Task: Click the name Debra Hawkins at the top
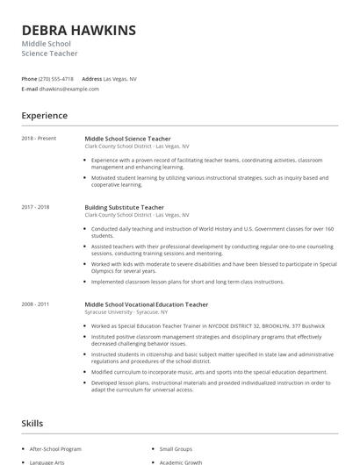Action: (x=79, y=31)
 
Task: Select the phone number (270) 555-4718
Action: (x=56, y=79)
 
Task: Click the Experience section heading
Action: (x=45, y=116)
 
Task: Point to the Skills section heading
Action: (x=32, y=424)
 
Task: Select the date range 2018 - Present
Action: (x=39, y=138)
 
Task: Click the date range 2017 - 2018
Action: (x=36, y=207)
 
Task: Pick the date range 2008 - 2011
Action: (x=36, y=304)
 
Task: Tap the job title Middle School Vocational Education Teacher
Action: (x=146, y=304)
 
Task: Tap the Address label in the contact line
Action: (x=92, y=79)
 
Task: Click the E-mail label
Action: (x=30, y=89)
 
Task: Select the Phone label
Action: (x=30, y=79)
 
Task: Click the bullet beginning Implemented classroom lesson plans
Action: (x=187, y=282)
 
